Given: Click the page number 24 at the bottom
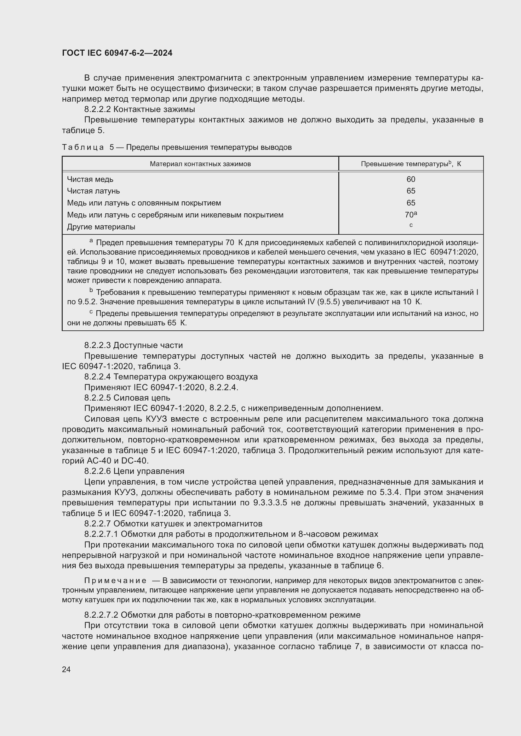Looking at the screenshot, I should click(x=66, y=669).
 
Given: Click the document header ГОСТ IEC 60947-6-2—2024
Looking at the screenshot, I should click(x=117, y=53).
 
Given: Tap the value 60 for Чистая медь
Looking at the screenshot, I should click(x=411, y=179).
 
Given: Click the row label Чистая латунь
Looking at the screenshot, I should click(x=93, y=191).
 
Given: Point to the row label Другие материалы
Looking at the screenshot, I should click(x=101, y=227).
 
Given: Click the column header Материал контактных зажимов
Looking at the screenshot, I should click(x=200, y=164).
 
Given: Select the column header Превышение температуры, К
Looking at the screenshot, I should click(x=411, y=164).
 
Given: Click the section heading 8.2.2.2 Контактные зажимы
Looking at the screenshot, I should click(x=140, y=109).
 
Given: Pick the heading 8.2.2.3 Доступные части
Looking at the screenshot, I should click(x=134, y=345).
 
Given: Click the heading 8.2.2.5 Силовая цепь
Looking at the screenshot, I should click(x=127, y=398).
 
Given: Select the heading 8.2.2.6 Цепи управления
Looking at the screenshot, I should click(x=134, y=471).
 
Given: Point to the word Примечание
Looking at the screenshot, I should click(x=116, y=581).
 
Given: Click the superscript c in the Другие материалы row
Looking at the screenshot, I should click(x=411, y=225).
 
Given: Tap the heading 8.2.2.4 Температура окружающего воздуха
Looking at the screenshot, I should click(x=171, y=377).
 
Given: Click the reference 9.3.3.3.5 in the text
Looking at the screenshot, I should click(x=270, y=503).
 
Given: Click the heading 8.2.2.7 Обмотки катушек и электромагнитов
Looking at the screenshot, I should click(x=173, y=524).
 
